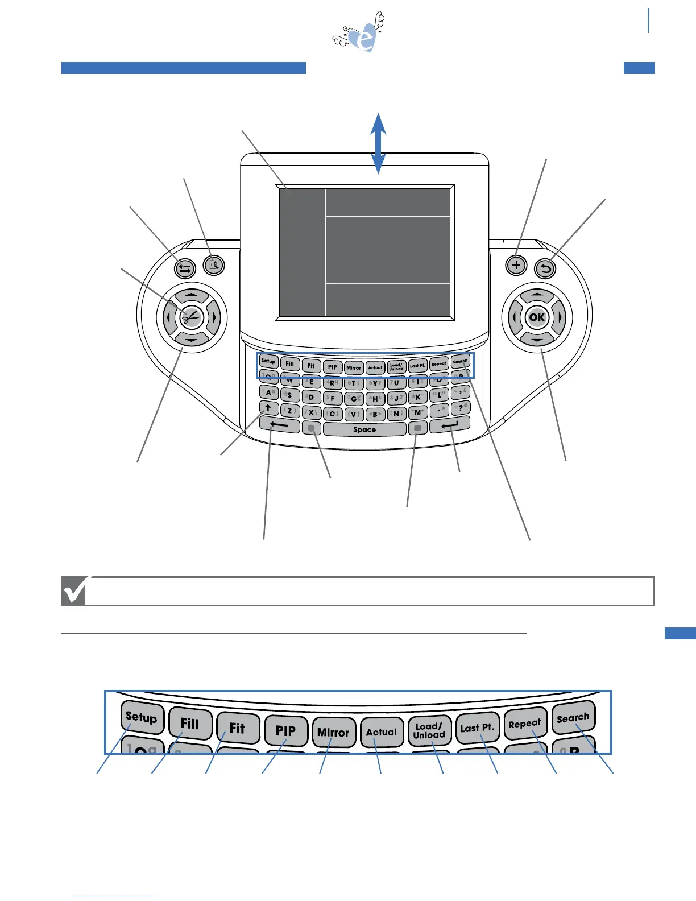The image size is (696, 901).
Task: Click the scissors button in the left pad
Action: coord(192,317)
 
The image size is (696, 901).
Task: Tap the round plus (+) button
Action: coord(516,265)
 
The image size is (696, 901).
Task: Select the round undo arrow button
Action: coord(546,268)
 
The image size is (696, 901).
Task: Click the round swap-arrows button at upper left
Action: coord(185,268)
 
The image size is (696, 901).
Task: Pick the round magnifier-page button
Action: coord(214,264)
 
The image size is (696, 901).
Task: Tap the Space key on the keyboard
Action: coord(364,429)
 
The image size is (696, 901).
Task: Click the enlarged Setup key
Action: coord(142,717)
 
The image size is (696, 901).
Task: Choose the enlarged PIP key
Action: coord(285,730)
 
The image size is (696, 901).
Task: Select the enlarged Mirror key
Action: coord(333,732)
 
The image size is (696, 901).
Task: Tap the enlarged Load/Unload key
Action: coord(429,730)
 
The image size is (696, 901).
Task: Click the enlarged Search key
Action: coord(573,718)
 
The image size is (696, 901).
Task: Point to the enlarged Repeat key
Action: coord(525,724)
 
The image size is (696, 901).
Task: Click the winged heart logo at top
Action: coord(361,34)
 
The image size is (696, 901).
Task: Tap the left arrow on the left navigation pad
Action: coord(169,317)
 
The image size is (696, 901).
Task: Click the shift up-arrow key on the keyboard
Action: coord(268,408)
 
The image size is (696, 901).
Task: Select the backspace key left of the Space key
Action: coord(279,424)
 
